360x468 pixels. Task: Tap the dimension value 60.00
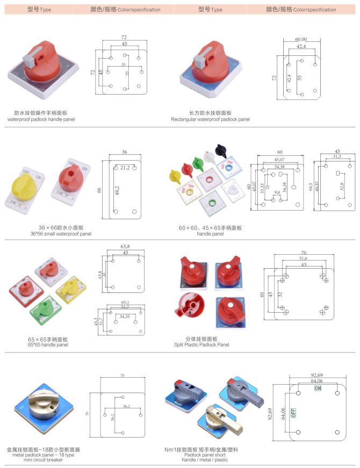[x=301, y=39]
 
